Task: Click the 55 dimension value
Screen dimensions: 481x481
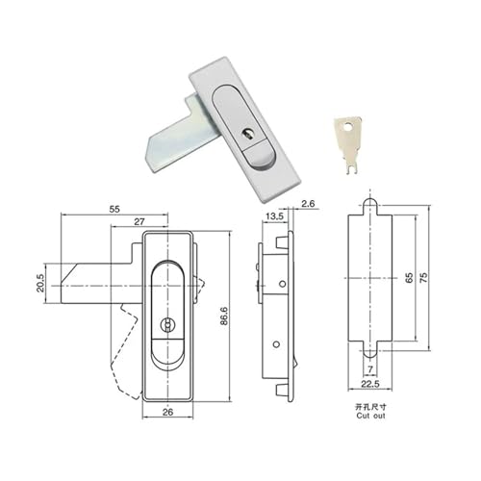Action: (x=114, y=209)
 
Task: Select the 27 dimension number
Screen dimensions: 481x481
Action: (x=139, y=221)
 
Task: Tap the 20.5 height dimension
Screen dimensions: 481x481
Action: (x=40, y=283)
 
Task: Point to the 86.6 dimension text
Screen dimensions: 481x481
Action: (x=224, y=316)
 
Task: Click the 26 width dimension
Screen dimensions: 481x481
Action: (x=167, y=412)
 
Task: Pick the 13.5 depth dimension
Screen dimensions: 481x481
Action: (x=274, y=216)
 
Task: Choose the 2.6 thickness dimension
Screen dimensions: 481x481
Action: (x=308, y=204)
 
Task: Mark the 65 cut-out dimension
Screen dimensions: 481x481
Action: (x=409, y=278)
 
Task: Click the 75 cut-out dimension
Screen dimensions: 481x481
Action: (x=423, y=278)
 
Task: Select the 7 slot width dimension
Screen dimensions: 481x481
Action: (x=370, y=369)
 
